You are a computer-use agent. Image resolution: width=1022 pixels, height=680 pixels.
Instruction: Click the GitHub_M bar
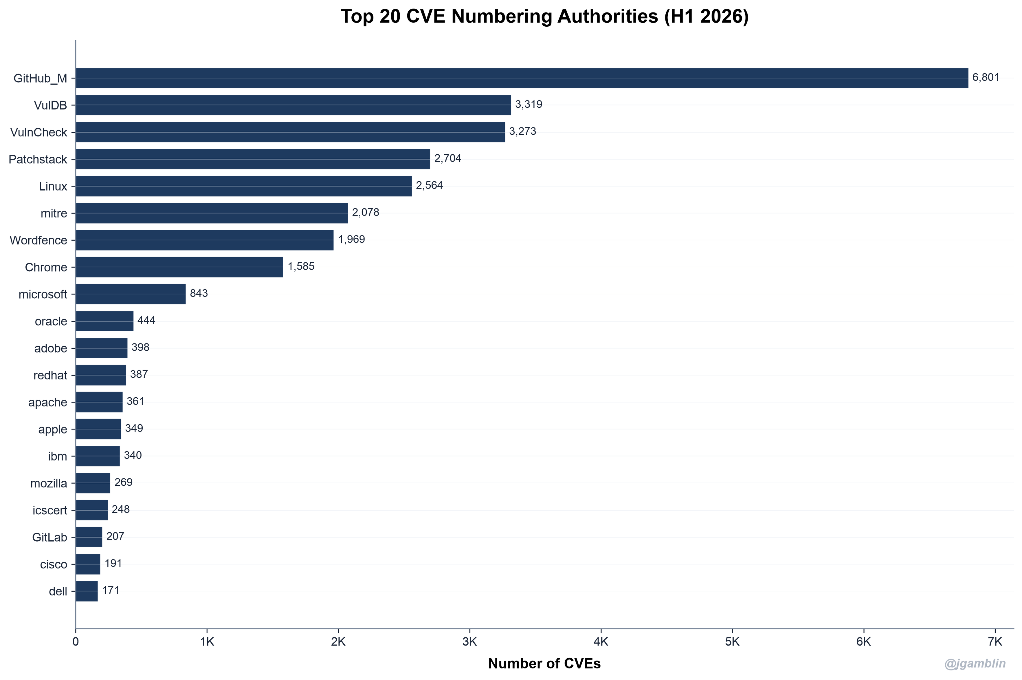pyautogui.click(x=522, y=78)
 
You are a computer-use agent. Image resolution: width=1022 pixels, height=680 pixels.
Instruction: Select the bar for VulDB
pyautogui.click(x=293, y=105)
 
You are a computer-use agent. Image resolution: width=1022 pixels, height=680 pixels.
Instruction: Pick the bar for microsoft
pyautogui.click(x=131, y=294)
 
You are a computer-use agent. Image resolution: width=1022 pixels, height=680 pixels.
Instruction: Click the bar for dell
pyautogui.click(x=87, y=591)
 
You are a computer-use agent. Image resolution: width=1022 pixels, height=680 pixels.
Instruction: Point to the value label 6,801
pyautogui.click(x=986, y=78)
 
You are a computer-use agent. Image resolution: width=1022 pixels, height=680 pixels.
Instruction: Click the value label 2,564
pyautogui.click(x=430, y=186)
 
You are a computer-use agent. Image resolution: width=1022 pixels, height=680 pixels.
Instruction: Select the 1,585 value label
pyautogui.click(x=301, y=266)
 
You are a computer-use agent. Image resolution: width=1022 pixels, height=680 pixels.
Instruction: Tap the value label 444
pyautogui.click(x=146, y=321)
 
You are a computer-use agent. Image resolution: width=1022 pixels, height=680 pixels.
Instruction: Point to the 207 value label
pyautogui.click(x=115, y=536)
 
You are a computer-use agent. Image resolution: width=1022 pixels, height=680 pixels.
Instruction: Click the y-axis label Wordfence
pyautogui.click(x=38, y=240)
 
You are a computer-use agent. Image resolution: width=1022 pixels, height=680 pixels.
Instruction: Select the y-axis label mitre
pyautogui.click(x=54, y=213)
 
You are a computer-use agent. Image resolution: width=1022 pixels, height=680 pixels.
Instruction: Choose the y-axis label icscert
pyautogui.click(x=50, y=510)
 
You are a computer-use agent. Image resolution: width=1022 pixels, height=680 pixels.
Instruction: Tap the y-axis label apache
pyautogui.click(x=48, y=403)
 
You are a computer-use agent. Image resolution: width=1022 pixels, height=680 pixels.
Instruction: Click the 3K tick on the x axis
pyautogui.click(x=470, y=642)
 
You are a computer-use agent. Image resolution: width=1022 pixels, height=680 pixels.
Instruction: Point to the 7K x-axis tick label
pyautogui.click(x=995, y=642)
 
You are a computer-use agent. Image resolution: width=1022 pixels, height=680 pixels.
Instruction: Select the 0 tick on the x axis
pyautogui.click(x=76, y=642)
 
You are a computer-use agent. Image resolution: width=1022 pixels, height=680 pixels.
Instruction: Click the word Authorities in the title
pyautogui.click(x=608, y=17)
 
